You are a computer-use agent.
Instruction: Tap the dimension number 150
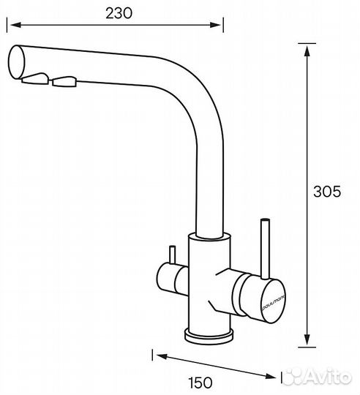pyautogui.click(x=217, y=383)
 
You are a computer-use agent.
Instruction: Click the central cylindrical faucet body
pyautogui.click(x=208, y=282)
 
